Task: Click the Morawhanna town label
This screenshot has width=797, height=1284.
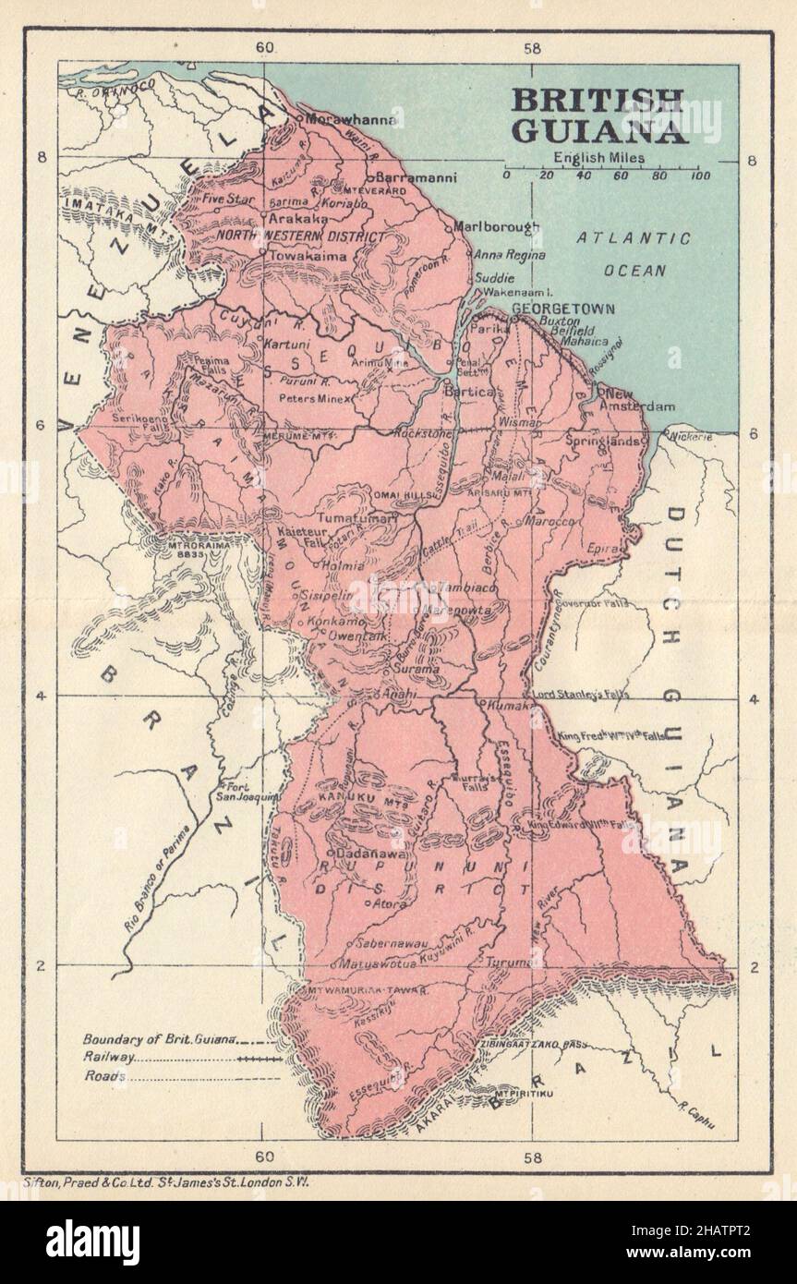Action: pyautogui.click(x=354, y=120)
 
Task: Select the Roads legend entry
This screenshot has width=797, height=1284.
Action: pyautogui.click(x=103, y=1076)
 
